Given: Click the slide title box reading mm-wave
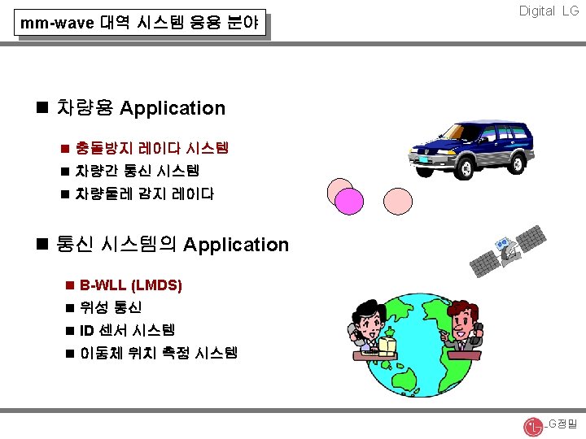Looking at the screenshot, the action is pyautogui.click(x=141, y=24).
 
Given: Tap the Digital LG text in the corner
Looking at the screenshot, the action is pyautogui.click(x=549, y=11).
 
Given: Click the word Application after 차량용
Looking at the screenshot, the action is pyautogui.click(x=173, y=108).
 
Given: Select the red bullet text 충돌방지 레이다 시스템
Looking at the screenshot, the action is pyautogui.click(x=151, y=149).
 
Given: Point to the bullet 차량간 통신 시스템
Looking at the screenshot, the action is pyautogui.click(x=137, y=172).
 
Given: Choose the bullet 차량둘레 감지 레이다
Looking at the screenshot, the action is pyautogui.click(x=144, y=194).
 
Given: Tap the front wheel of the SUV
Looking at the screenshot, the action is pyautogui.click(x=464, y=167).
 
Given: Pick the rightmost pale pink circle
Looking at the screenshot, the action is pyautogui.click(x=398, y=200).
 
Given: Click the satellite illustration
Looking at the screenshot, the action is pyautogui.click(x=509, y=254).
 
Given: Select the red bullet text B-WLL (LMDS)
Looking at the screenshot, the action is pyautogui.click(x=131, y=286).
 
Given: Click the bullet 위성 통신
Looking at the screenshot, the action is pyautogui.click(x=111, y=308).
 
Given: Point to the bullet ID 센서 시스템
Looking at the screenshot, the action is pyautogui.click(x=127, y=331).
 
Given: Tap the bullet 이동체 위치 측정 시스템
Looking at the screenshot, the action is pyautogui.click(x=158, y=353).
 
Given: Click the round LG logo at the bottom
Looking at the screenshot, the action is pyautogui.click(x=532, y=425).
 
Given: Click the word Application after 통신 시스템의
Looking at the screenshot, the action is pyautogui.click(x=236, y=245).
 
